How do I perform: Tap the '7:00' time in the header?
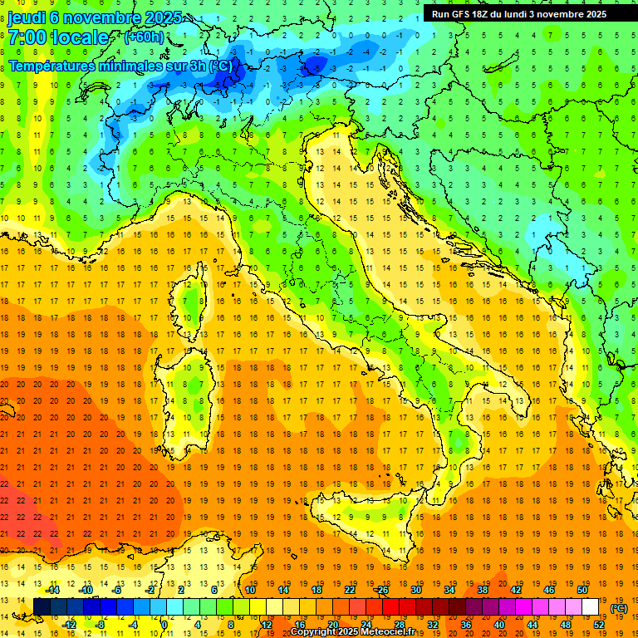coord(27,37)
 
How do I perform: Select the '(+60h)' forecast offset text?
coord(144,37)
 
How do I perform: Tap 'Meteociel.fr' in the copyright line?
coord(394,632)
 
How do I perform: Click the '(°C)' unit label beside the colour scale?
coord(619,608)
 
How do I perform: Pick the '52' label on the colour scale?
coord(599,625)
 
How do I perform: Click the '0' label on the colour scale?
coord(165,625)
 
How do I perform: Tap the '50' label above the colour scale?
coord(582,590)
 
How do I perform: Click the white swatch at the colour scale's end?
coord(591,607)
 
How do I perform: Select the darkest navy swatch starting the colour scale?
coord(42,607)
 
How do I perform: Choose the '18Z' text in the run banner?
coord(484,14)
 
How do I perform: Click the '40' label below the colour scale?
coord(498,625)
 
